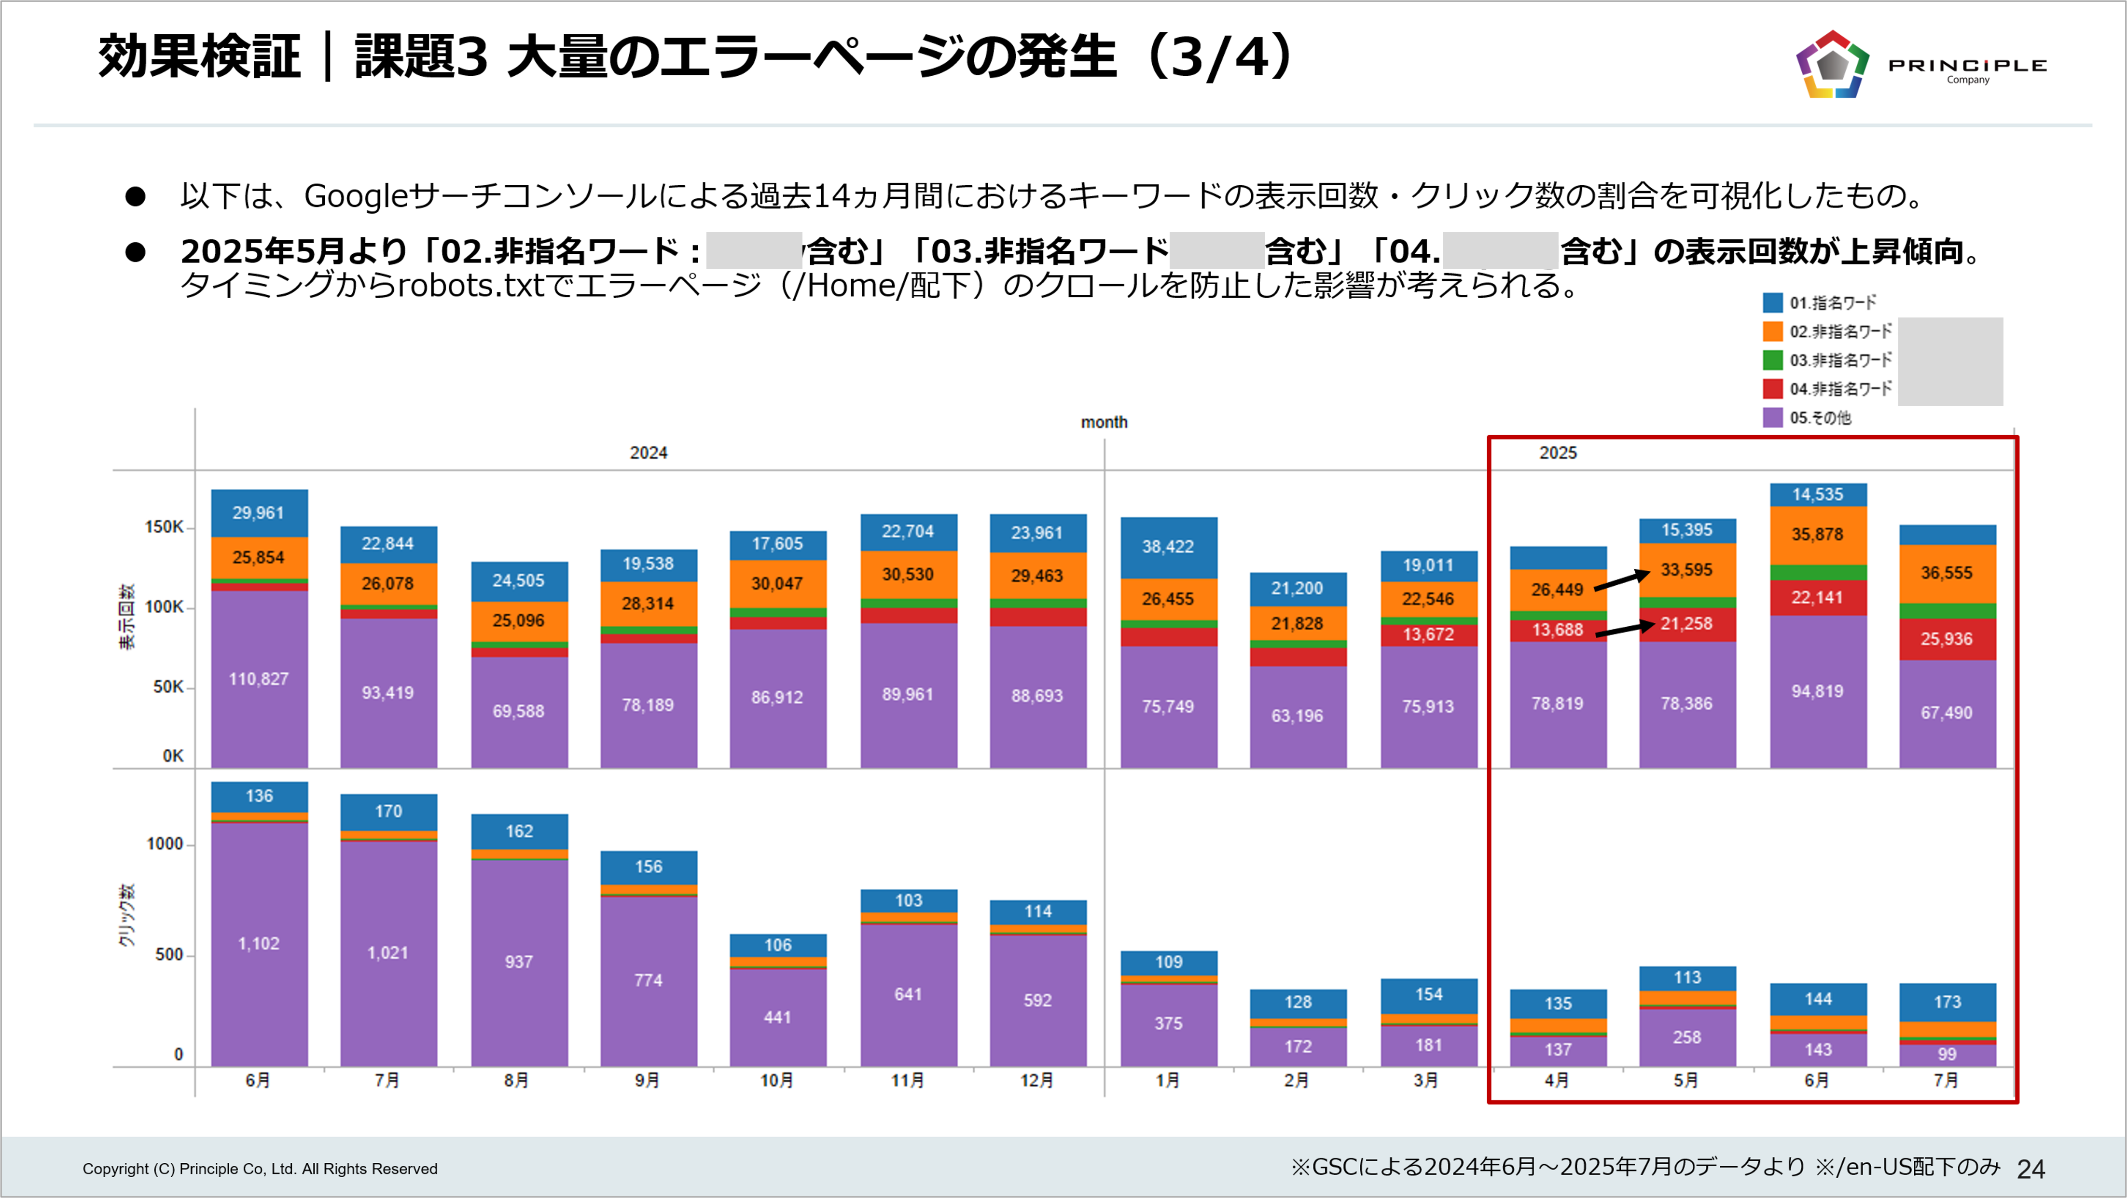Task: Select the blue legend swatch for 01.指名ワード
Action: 1772,302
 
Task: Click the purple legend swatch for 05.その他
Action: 1772,417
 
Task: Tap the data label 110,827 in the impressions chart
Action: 259,679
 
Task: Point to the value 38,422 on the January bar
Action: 1168,547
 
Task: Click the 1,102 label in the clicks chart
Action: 259,944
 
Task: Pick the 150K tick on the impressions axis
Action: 165,527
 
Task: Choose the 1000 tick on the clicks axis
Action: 165,844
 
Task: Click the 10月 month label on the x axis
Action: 776,1080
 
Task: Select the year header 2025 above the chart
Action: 1557,453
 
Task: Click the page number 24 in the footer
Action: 2030,1168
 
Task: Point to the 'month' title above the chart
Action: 1104,422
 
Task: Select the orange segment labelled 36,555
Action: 1946,573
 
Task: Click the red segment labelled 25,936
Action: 1946,639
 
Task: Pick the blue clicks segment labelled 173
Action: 1946,1002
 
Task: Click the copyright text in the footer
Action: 260,1168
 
